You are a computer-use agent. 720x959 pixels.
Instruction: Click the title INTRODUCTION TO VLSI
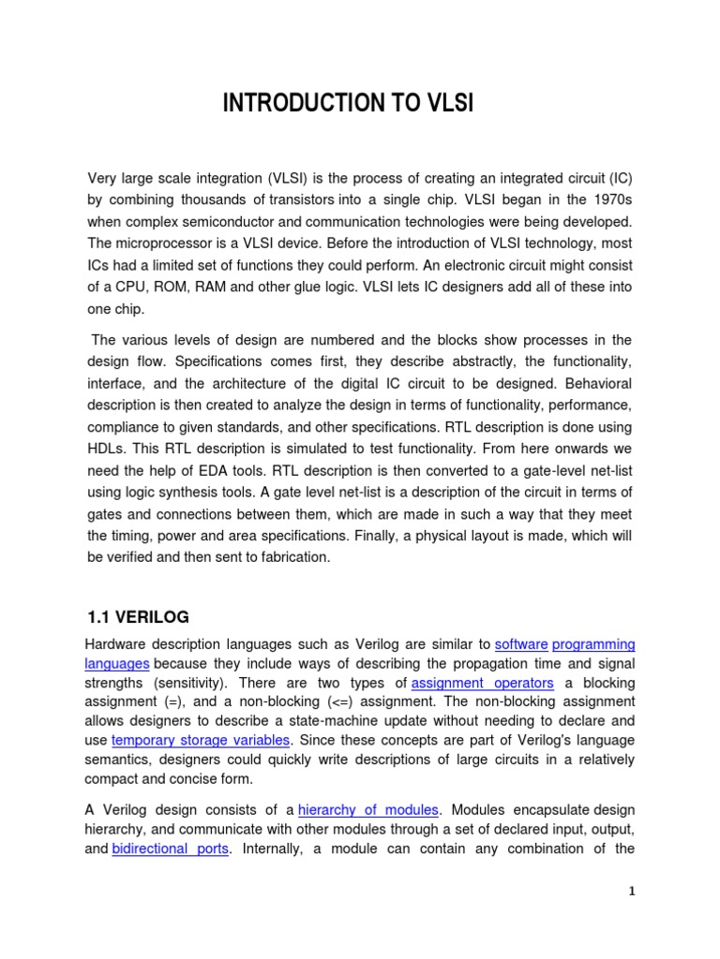[x=348, y=103]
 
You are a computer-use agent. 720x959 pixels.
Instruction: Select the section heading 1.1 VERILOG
[x=137, y=616]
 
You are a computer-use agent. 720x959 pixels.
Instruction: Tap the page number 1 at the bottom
[x=632, y=891]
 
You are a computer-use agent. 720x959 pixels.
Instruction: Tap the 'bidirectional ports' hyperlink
[x=171, y=848]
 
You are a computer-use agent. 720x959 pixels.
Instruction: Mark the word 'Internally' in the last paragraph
[x=271, y=848]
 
